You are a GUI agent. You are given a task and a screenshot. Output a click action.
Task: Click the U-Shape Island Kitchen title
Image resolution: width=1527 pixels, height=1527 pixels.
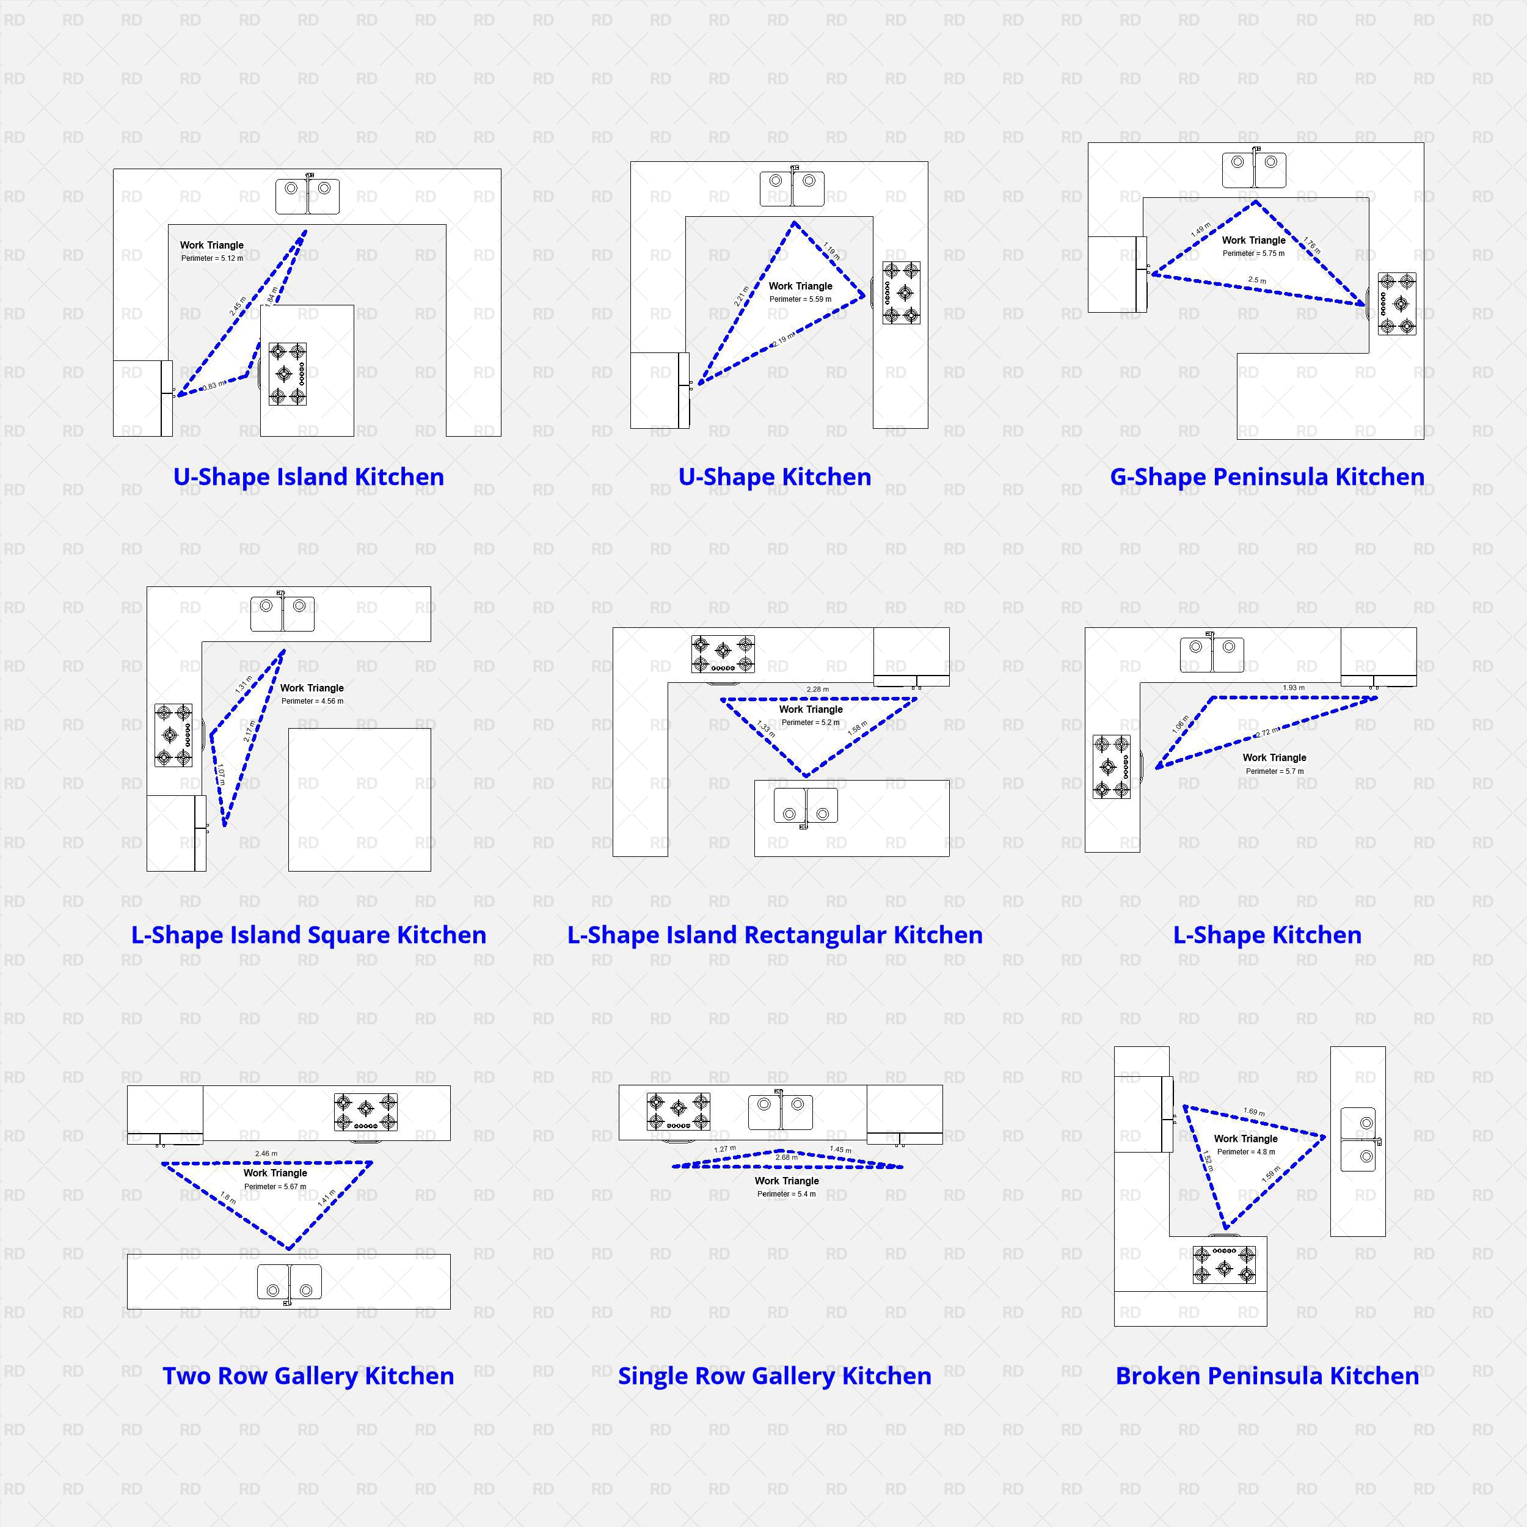[x=308, y=476]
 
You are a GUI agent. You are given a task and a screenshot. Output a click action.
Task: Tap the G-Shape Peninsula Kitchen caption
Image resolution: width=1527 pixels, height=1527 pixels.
[x=1267, y=476]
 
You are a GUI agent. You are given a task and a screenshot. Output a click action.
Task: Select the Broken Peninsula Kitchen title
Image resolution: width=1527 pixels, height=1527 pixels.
[x=1267, y=1376]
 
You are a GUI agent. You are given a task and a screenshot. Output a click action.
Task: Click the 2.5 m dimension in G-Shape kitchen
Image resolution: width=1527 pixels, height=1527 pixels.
[x=1256, y=280]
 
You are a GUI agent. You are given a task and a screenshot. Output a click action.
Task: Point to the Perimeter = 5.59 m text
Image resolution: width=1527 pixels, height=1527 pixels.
[x=800, y=299]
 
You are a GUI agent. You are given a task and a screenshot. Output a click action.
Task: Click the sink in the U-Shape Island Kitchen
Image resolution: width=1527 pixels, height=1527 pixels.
[x=307, y=196]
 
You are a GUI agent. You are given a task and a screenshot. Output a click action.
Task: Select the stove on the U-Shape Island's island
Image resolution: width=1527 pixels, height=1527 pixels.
[x=288, y=374]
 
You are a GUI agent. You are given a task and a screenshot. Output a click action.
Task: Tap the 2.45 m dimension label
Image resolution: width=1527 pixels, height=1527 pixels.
[x=237, y=307]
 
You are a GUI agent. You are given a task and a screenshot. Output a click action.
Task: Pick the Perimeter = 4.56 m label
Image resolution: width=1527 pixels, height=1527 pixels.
[x=312, y=701]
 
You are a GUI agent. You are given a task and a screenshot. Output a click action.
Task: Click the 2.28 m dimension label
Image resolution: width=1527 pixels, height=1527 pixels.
[x=817, y=689]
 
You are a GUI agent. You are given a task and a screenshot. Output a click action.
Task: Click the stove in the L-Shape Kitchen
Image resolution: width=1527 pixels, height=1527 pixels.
[x=1111, y=767]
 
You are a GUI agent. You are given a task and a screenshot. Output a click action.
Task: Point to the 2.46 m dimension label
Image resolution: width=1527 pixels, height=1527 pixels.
[x=266, y=1153]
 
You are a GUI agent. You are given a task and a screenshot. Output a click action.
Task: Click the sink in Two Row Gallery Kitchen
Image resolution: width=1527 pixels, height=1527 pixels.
[x=290, y=1282]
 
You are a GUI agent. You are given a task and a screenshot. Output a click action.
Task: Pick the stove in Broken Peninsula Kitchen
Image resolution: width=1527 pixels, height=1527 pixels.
[x=1223, y=1264]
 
